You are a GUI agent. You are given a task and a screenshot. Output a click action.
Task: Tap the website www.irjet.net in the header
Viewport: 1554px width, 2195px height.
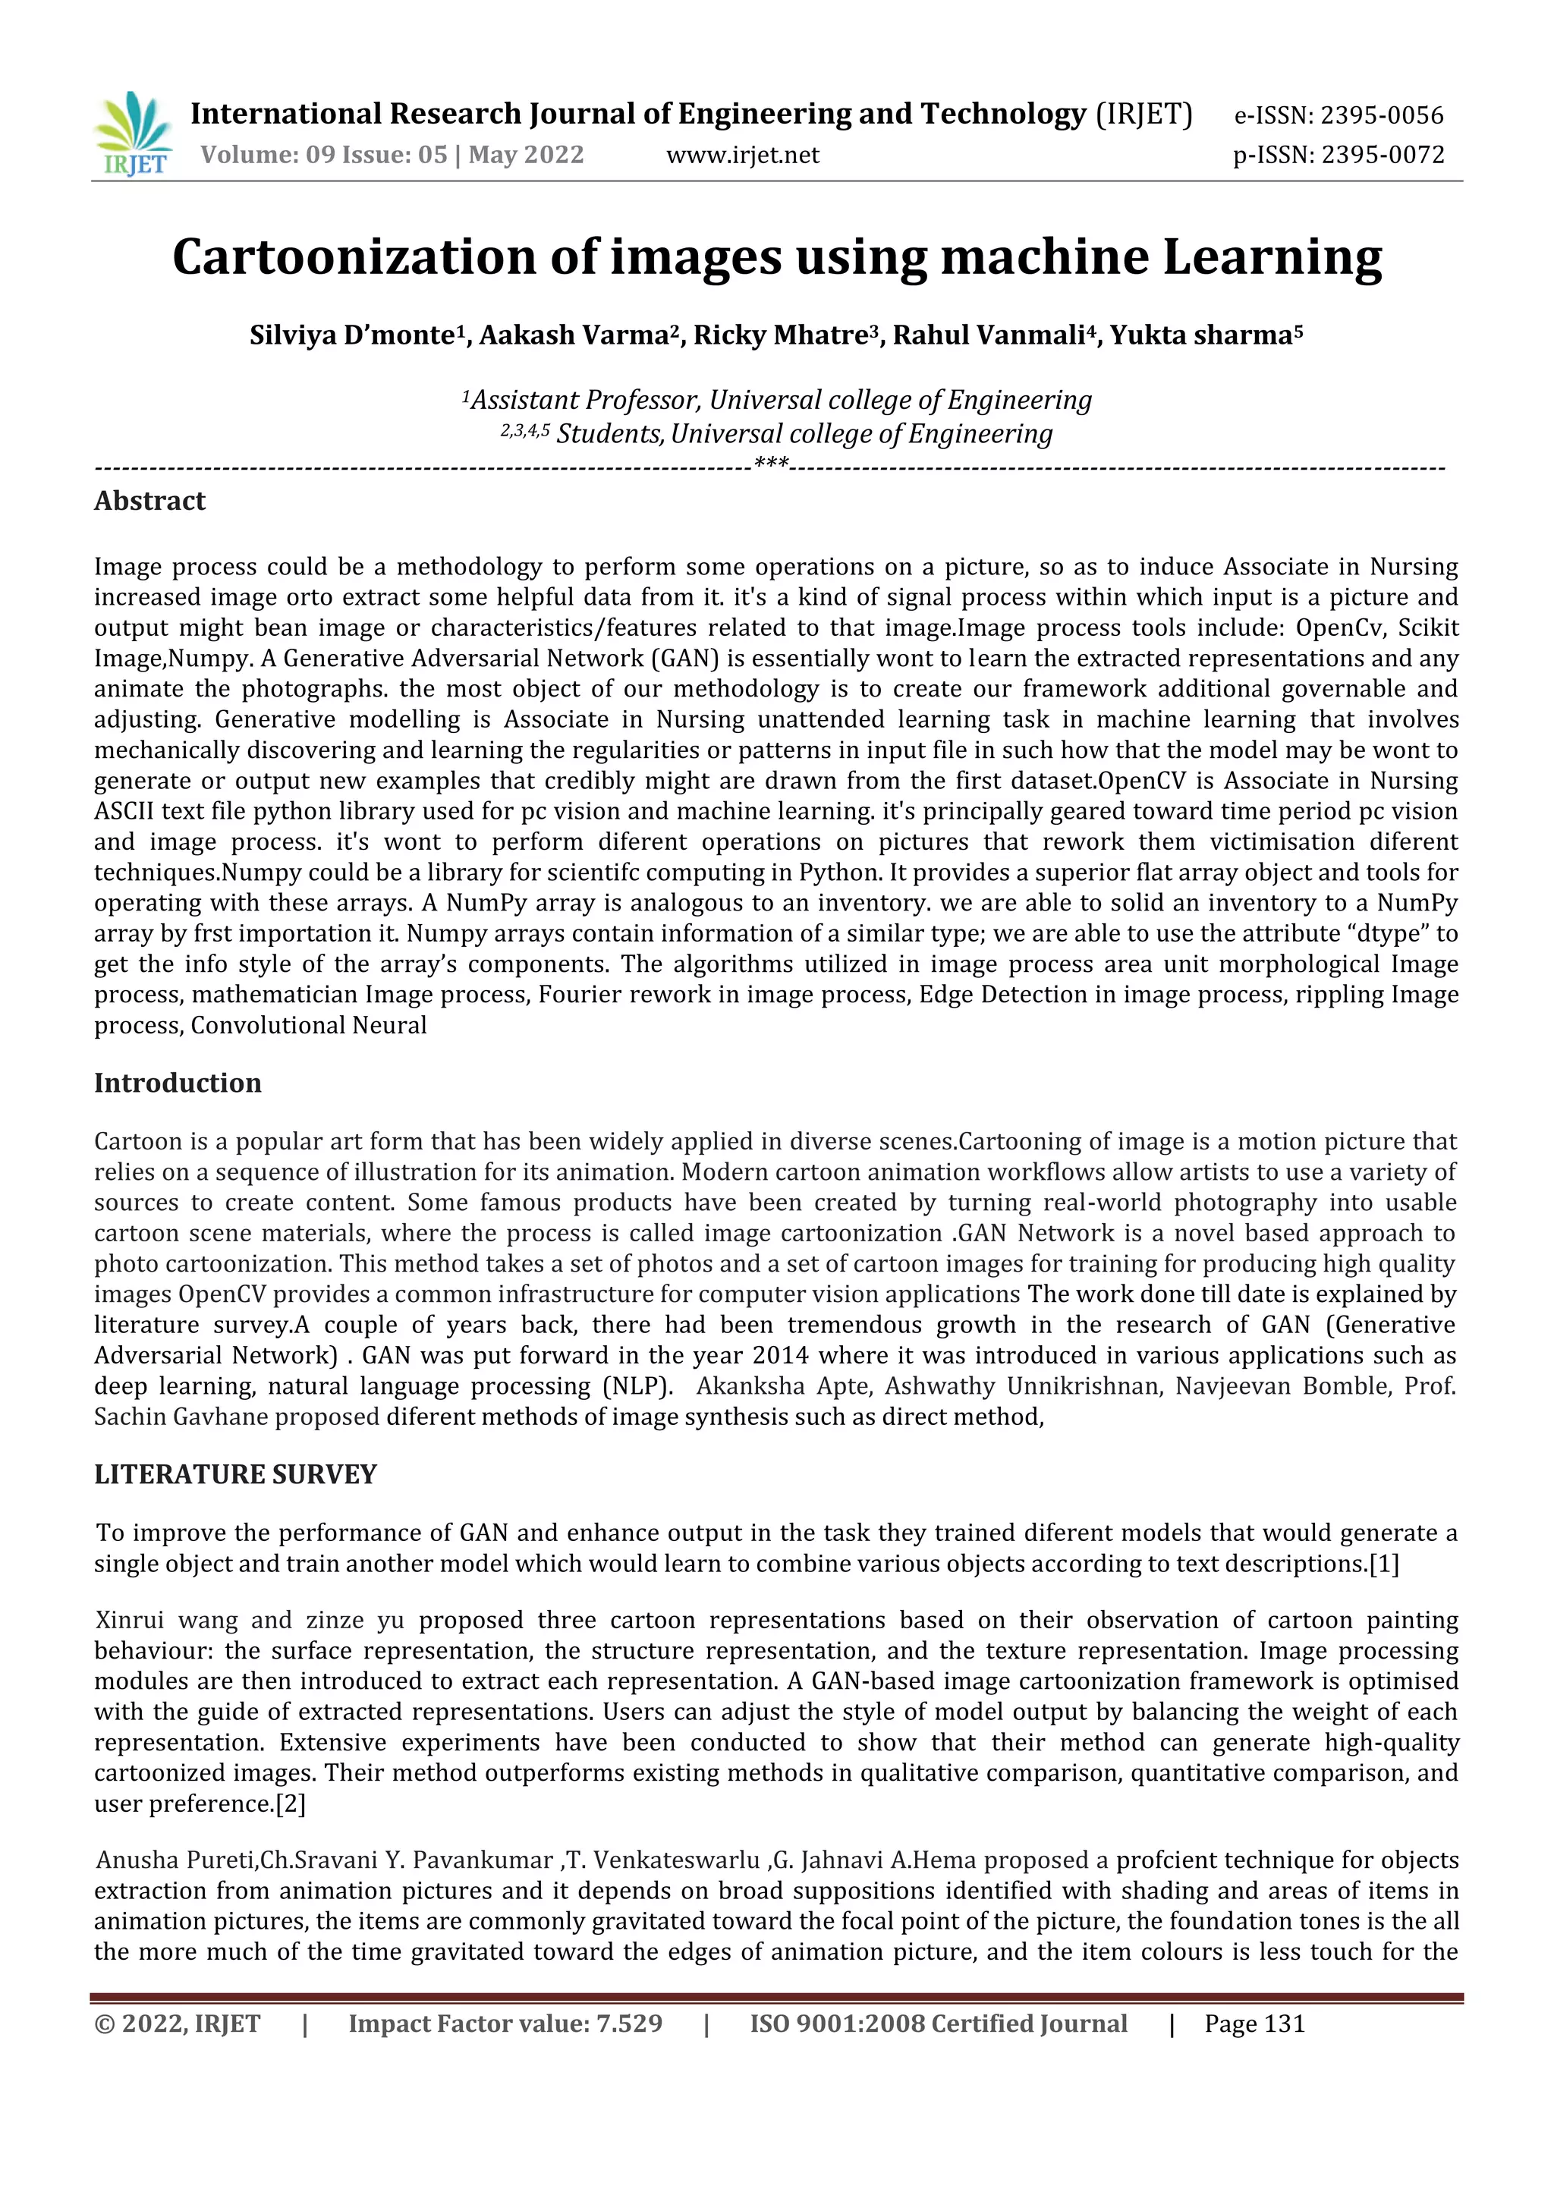point(743,155)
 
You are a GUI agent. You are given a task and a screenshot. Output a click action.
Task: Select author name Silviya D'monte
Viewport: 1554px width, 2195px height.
point(351,336)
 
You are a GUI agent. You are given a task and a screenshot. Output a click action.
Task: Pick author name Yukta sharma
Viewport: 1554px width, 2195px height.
point(1200,336)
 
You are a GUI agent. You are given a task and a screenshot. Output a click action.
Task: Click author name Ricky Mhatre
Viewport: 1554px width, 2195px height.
point(780,336)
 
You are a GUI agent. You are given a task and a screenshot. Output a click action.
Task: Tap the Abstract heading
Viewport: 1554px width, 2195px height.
point(149,502)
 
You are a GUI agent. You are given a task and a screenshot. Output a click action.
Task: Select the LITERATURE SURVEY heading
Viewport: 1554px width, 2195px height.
point(235,1474)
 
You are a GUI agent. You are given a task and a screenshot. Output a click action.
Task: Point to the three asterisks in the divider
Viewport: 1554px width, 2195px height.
point(771,465)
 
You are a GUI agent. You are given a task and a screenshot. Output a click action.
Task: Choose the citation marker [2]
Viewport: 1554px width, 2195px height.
point(290,1804)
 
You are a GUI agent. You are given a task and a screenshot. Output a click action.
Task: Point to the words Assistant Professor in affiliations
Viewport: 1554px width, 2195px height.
point(586,400)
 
